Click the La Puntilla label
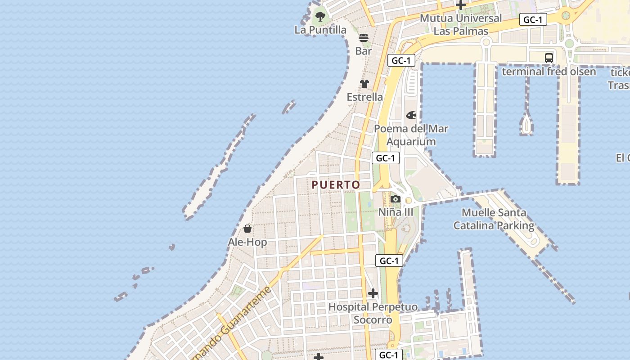point(320,30)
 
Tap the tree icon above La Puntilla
point(320,17)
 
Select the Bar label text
point(364,51)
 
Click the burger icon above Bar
point(364,38)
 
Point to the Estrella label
point(364,97)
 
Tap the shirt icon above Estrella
point(364,84)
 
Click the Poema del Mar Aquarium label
point(411,135)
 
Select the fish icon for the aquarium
point(411,116)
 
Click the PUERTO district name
point(336,185)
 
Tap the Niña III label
point(396,212)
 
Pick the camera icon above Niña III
point(396,199)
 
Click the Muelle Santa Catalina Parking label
point(494,219)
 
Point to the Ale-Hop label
point(247,242)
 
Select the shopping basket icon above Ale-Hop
point(247,229)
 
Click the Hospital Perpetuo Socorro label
point(373,313)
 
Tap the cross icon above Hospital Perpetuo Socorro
point(373,294)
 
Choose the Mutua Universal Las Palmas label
point(461,25)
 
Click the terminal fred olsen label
point(549,72)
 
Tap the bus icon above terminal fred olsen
point(549,58)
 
